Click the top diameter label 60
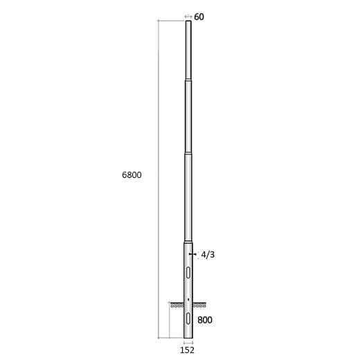199,17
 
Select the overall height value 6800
132,175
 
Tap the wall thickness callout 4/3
208,255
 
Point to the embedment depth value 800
204,320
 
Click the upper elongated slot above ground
188,271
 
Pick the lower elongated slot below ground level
188,319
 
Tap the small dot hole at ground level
188,299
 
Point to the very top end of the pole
188,22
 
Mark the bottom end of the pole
188,338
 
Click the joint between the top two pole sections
188,80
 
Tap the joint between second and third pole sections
188,153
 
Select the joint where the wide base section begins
188,242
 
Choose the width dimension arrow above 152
188,342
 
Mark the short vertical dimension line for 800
170,321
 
